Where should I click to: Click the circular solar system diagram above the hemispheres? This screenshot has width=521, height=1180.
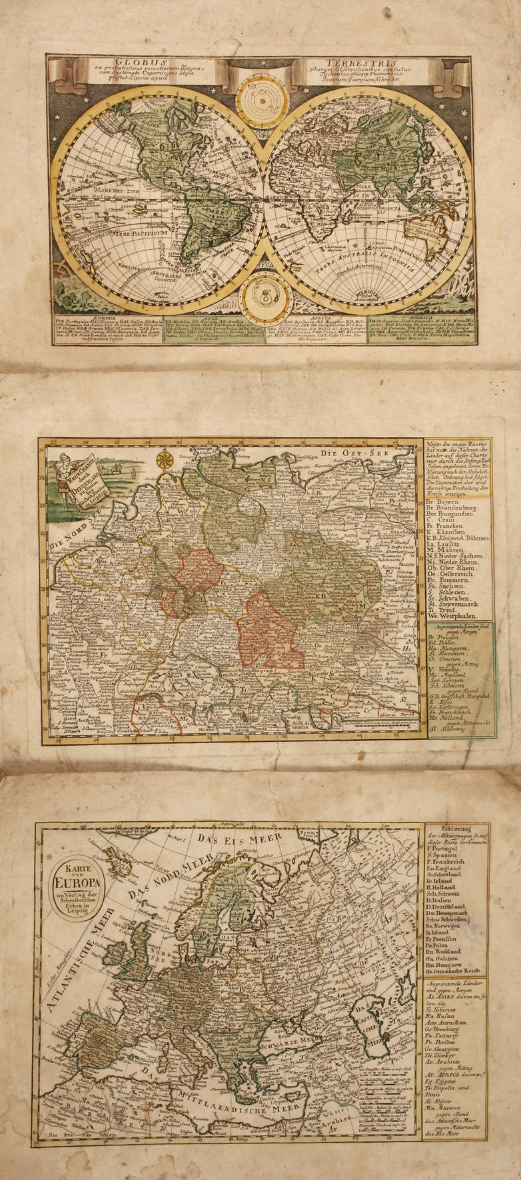point(260,98)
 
